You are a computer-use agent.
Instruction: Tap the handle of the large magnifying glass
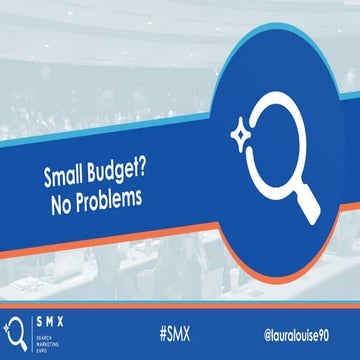(306, 205)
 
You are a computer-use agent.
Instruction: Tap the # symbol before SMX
(160, 330)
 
